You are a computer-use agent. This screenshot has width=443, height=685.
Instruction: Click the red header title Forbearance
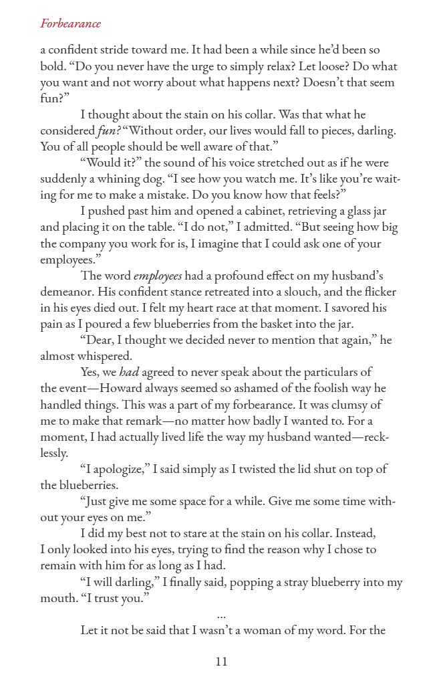point(70,24)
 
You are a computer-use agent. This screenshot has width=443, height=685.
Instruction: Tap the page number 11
point(222,662)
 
